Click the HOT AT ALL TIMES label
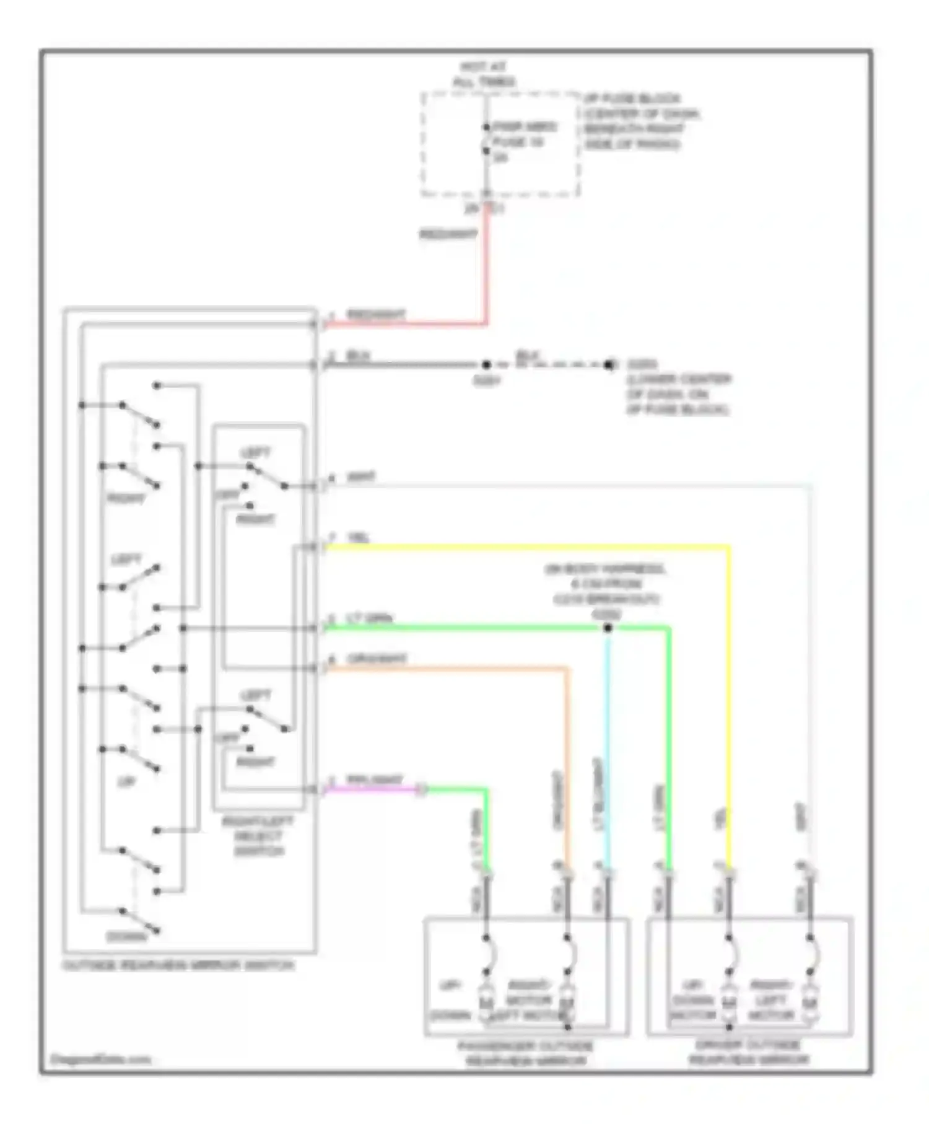click(484, 74)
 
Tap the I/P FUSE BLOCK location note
click(640, 121)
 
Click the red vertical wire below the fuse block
click(487, 266)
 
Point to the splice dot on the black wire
click(486, 365)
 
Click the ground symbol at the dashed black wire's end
click(610, 365)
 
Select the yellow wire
click(526, 547)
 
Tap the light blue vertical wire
click(608, 744)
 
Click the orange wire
click(446, 669)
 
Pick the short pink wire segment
click(372, 789)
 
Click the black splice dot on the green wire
click(608, 628)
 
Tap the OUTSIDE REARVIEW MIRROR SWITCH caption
click(178, 965)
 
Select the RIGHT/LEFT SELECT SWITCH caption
click(258, 836)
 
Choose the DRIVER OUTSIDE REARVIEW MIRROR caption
click(749, 1052)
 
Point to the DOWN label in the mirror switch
click(126, 937)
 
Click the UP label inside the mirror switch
click(126, 782)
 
